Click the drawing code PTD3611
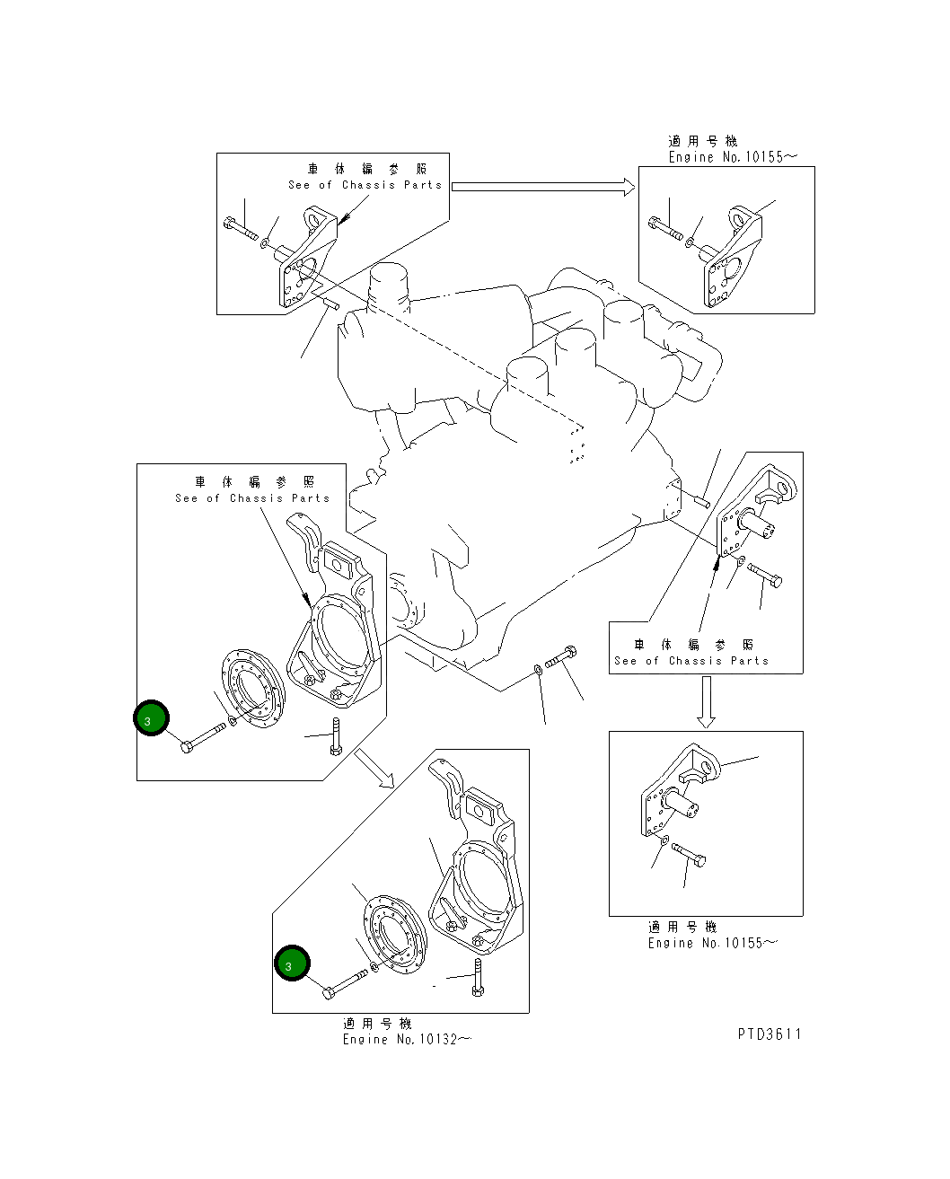point(770,1034)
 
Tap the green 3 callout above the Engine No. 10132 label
point(292,963)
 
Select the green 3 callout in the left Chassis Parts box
point(151,717)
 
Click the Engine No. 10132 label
point(407,1039)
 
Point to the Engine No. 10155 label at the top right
point(733,156)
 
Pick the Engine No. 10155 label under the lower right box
point(712,943)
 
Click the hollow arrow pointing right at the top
point(543,187)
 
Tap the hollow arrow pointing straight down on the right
point(706,702)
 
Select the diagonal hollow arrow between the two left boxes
point(374,768)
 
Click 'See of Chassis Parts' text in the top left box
point(365,185)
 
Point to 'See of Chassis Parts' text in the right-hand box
point(691,661)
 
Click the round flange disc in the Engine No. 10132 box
point(396,935)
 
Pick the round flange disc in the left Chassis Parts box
point(253,689)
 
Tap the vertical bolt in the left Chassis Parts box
point(337,735)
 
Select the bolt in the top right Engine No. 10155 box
point(665,228)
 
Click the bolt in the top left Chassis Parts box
point(241,228)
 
